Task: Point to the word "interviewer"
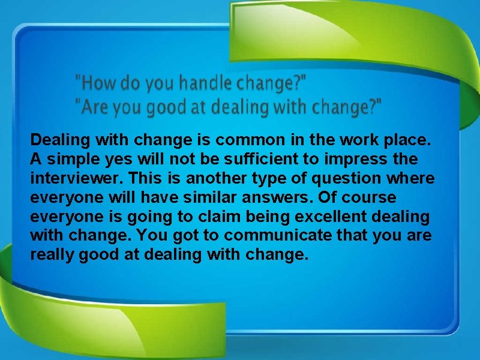click(74, 179)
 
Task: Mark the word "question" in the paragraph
click(341, 179)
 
